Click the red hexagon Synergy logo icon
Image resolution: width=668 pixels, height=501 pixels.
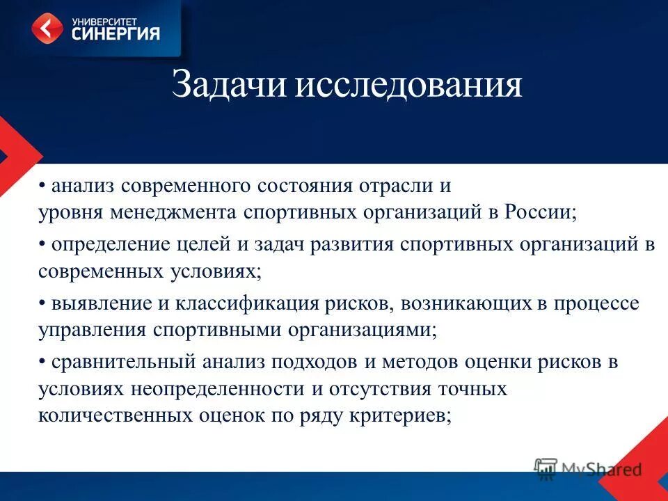pos(47,28)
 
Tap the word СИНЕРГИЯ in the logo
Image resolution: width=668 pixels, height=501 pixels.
pos(116,33)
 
